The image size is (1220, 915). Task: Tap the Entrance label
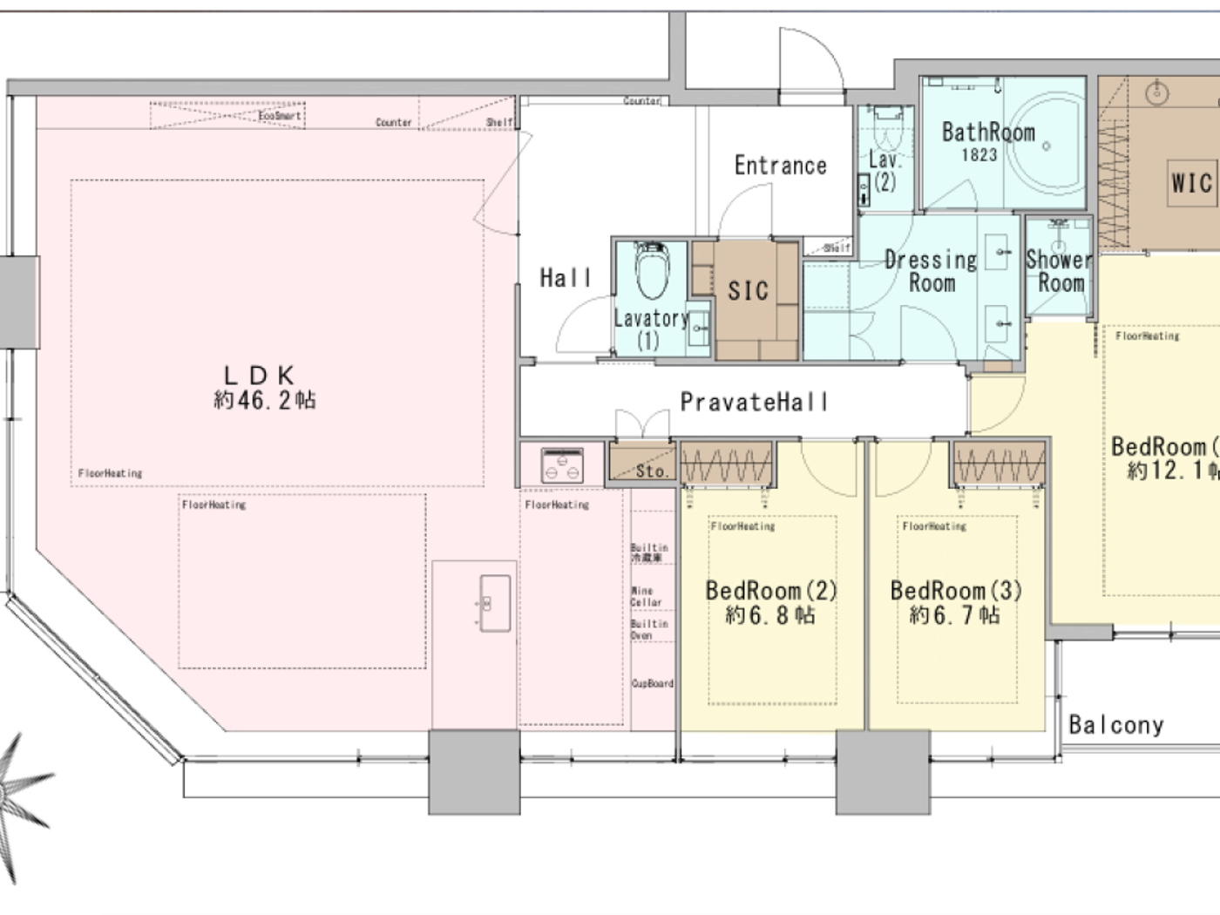click(x=780, y=166)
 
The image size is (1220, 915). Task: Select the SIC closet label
click(x=749, y=291)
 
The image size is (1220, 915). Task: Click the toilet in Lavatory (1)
click(x=651, y=272)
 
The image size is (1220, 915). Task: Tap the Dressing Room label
click(x=931, y=271)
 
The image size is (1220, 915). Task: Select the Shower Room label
click(x=1060, y=271)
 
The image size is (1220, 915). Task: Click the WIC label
click(x=1191, y=183)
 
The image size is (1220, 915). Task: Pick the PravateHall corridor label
click(x=754, y=402)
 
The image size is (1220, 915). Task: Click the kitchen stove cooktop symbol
click(x=562, y=464)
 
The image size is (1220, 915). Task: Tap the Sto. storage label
click(x=651, y=471)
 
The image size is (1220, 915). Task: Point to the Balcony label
click(x=1115, y=725)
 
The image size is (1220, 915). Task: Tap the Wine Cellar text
click(x=647, y=597)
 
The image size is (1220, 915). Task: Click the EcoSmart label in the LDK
click(x=280, y=115)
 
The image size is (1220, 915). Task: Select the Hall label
click(x=565, y=278)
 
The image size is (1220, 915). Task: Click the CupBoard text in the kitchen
click(x=652, y=683)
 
